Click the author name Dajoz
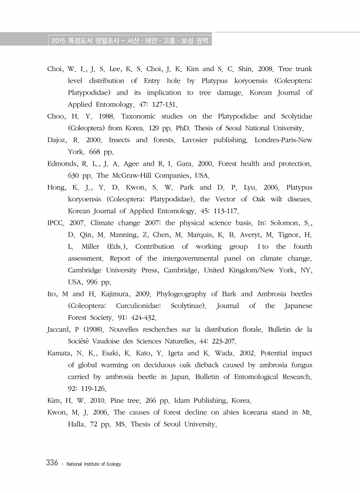point(57,140)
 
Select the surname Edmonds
point(63,164)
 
